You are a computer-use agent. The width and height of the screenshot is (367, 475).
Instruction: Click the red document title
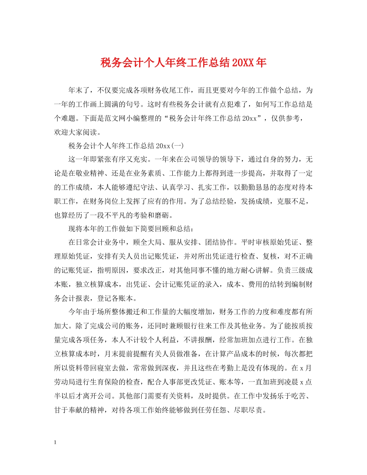[183, 63]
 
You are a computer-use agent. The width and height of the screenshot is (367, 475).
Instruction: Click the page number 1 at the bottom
[56, 442]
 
